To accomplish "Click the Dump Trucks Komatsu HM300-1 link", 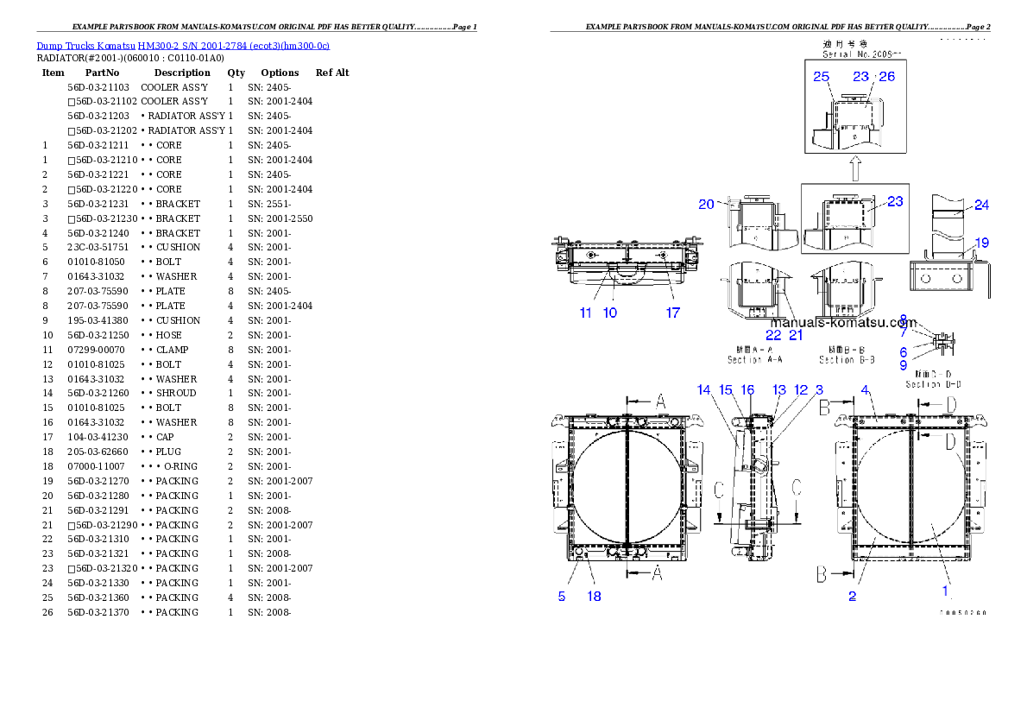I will point(183,45).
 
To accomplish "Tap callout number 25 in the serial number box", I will point(821,77).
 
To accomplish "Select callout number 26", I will point(887,77).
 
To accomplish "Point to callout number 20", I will point(707,205).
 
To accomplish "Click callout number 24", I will point(981,205).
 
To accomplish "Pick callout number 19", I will point(981,243).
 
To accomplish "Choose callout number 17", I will point(672,313).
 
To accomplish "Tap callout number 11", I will point(586,313).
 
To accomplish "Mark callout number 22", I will point(772,335).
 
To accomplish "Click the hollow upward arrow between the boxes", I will point(854,168).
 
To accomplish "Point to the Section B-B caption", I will point(847,359).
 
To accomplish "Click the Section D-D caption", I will point(933,384).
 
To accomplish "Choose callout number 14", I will point(704,390).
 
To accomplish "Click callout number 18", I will point(594,597).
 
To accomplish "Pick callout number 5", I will point(562,597).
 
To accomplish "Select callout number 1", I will point(945,591).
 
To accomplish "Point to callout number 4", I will point(865,390).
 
